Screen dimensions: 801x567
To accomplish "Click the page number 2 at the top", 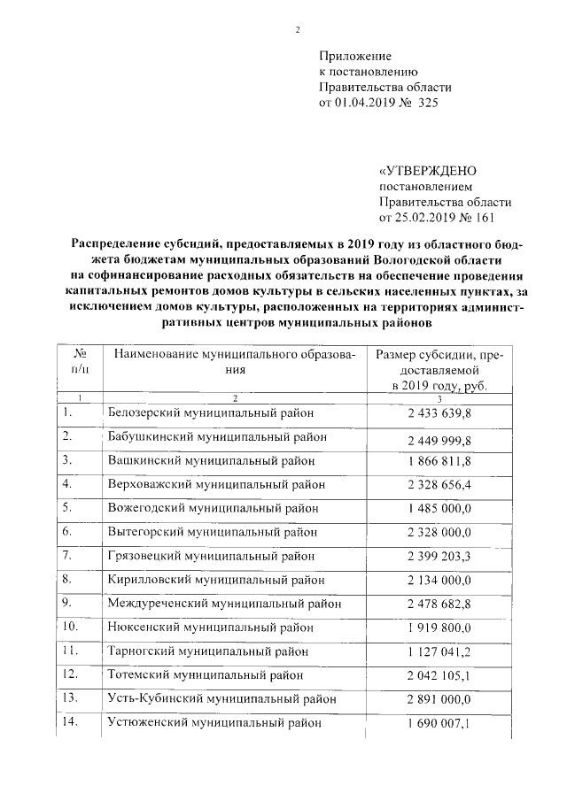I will click(298, 30).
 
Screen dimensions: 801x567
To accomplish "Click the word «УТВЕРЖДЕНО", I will click(428, 171).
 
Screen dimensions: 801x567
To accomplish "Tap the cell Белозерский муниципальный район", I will click(211, 412).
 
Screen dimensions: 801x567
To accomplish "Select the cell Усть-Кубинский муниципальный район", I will click(221, 699).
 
